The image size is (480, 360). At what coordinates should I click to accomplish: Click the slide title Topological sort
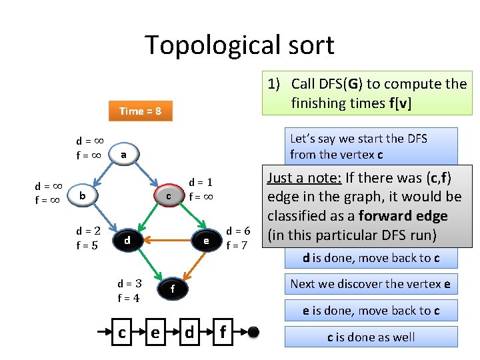(239, 45)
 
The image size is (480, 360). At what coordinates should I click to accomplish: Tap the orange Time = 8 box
(140, 111)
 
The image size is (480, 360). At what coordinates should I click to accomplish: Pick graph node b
(82, 195)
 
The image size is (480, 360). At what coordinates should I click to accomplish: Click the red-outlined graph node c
(169, 196)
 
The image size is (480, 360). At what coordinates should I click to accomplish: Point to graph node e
(207, 240)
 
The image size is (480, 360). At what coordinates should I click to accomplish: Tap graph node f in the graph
(172, 289)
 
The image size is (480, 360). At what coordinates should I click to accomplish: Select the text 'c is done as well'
(371, 337)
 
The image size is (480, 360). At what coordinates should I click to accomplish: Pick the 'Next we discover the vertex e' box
(371, 283)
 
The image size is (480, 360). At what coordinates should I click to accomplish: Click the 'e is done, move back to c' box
(371, 310)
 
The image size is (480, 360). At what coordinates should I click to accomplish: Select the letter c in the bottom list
(122, 331)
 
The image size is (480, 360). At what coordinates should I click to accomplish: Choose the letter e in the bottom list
(155, 331)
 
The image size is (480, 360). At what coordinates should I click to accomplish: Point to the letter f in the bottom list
(222, 331)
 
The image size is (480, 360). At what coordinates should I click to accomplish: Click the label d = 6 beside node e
(237, 231)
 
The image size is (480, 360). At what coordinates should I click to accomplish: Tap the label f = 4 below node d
(128, 298)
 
